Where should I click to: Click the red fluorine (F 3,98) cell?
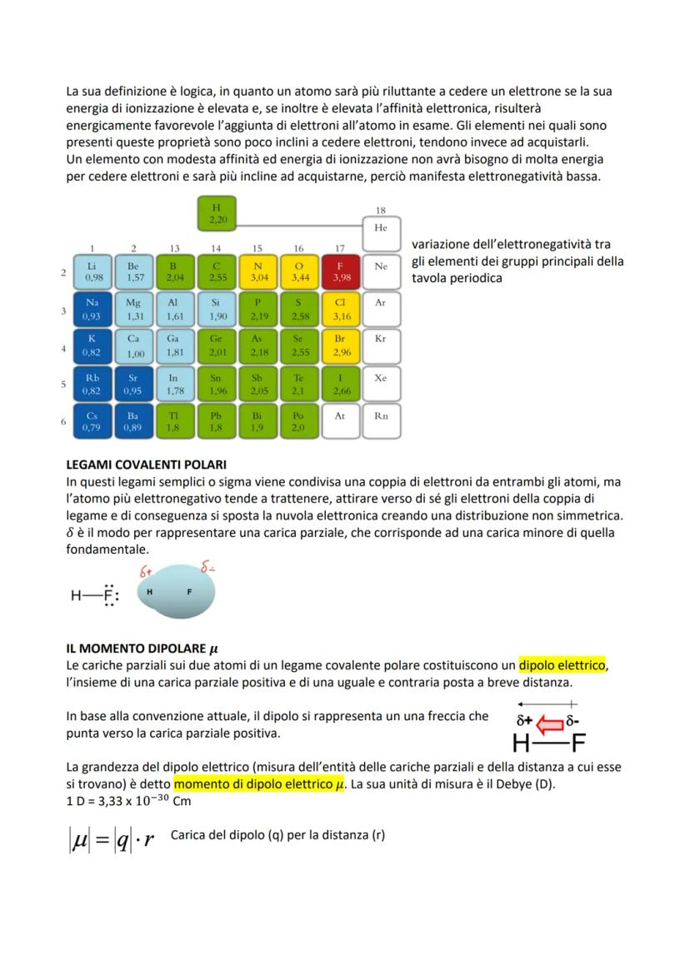tap(340, 271)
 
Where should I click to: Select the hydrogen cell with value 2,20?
tap(217, 214)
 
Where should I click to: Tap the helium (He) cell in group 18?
tap(381, 233)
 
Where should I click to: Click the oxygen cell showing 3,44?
tap(299, 271)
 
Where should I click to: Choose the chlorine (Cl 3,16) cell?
tap(340, 310)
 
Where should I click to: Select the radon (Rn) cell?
tap(381, 421)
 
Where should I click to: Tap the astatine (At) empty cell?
tap(340, 421)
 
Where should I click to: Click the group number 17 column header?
tap(340, 248)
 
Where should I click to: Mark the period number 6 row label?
tap(63, 422)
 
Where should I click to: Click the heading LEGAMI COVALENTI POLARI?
tap(147, 465)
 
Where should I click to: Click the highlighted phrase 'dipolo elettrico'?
tap(562, 665)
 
